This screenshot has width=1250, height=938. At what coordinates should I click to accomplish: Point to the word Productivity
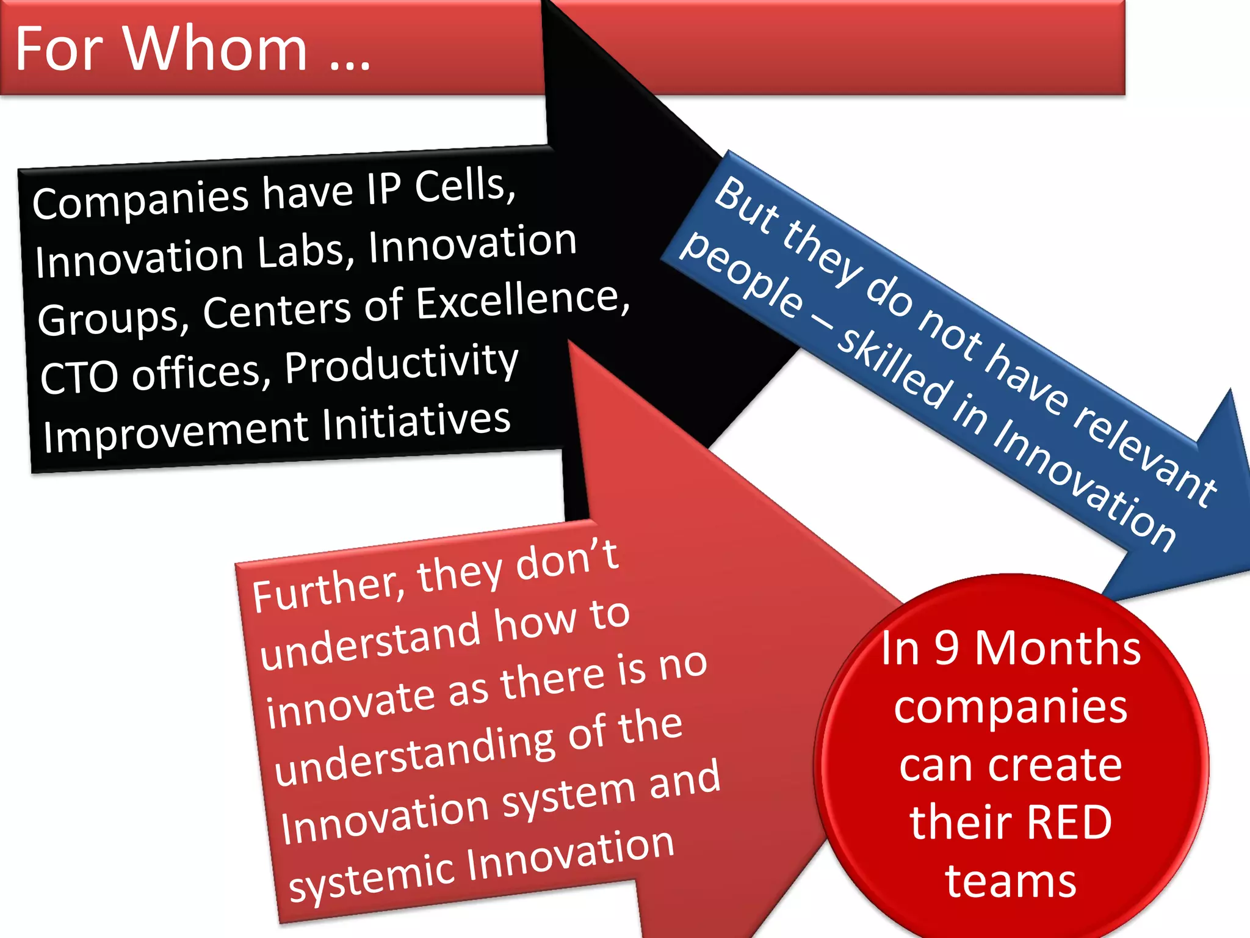(401, 363)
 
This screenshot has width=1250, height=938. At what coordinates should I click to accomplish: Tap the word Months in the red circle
(1057, 649)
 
